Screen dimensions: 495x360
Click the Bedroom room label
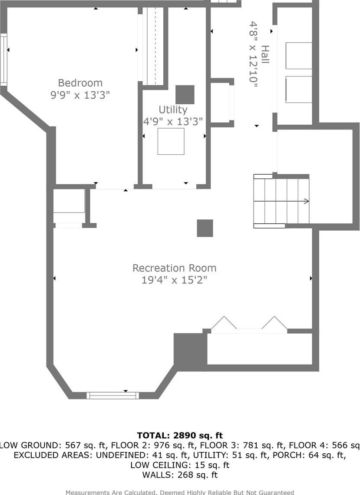point(80,83)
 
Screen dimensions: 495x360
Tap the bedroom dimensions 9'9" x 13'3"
point(80,95)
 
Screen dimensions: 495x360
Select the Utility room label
point(173,110)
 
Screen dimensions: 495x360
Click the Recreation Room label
point(174,268)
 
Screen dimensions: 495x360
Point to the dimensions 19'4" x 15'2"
point(174,280)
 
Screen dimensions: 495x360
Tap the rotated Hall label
point(264,55)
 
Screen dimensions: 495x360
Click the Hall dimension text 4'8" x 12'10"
point(253,55)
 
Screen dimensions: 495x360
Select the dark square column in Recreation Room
point(205,228)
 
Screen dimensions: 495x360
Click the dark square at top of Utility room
point(185,94)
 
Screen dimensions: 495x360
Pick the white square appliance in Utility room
point(171,141)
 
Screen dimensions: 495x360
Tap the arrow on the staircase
point(305,201)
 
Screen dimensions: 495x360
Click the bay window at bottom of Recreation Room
point(112,395)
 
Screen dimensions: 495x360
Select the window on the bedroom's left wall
point(4,59)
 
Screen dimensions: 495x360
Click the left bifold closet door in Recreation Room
point(224,323)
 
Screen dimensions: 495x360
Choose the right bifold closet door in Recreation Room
point(274,323)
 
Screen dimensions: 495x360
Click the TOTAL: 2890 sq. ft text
point(180,435)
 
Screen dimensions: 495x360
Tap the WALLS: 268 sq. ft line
point(180,475)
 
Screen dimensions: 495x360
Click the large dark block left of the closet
point(190,351)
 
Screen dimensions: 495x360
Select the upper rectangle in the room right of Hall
point(299,55)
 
